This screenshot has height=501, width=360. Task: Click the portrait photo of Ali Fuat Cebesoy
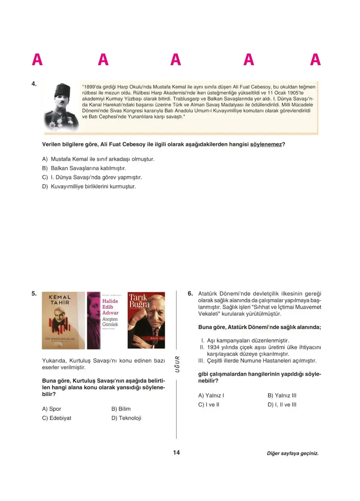coord(61,106)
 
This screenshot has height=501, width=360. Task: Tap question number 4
coord(34,84)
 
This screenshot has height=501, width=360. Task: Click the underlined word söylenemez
coord(266,144)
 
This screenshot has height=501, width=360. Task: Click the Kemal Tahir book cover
coord(63,320)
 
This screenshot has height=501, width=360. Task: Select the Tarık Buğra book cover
coord(146,320)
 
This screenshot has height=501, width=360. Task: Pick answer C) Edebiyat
coord(57,418)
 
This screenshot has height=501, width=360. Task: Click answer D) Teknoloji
coord(126,418)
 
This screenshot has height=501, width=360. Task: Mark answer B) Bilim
coord(121,409)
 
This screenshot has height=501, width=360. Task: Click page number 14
coord(176,453)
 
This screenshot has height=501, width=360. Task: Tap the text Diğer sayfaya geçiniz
coord(292,453)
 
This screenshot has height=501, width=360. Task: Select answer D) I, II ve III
coord(282,405)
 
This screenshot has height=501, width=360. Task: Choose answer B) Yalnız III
coord(282,396)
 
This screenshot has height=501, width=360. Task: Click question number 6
coord(190,293)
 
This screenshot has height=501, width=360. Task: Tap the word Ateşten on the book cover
coord(110,318)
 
